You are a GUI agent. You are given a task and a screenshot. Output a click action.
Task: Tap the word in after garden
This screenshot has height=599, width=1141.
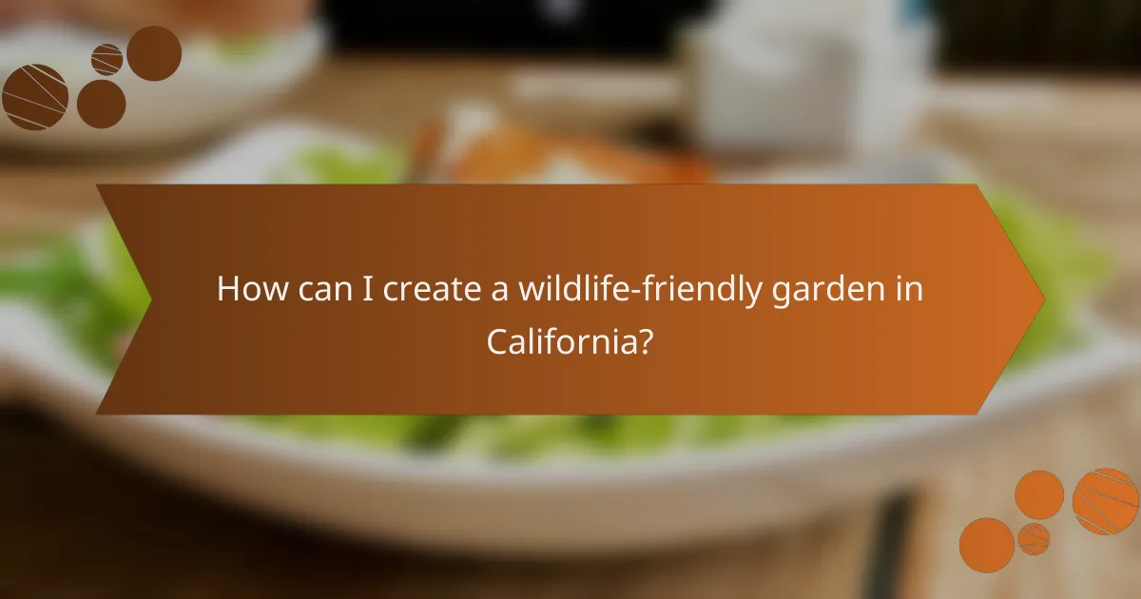[907, 290]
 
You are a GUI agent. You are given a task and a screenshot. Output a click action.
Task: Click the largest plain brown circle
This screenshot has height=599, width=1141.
[154, 53]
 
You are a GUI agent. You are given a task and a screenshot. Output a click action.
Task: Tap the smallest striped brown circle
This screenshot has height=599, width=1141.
[106, 59]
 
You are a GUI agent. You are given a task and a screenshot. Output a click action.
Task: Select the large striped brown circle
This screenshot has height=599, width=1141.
[35, 96]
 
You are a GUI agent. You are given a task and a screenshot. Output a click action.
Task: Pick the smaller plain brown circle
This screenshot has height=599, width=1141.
[102, 104]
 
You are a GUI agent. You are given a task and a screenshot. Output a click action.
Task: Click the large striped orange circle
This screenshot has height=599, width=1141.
[1105, 501]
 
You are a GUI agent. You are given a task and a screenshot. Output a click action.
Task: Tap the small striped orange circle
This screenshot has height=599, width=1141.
[1034, 538]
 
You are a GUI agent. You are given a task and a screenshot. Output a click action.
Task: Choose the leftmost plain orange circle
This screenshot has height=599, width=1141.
[986, 545]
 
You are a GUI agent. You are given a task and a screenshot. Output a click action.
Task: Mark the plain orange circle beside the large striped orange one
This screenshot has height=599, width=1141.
[1039, 494]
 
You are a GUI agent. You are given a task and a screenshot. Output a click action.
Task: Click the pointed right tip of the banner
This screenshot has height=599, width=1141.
[1043, 299]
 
